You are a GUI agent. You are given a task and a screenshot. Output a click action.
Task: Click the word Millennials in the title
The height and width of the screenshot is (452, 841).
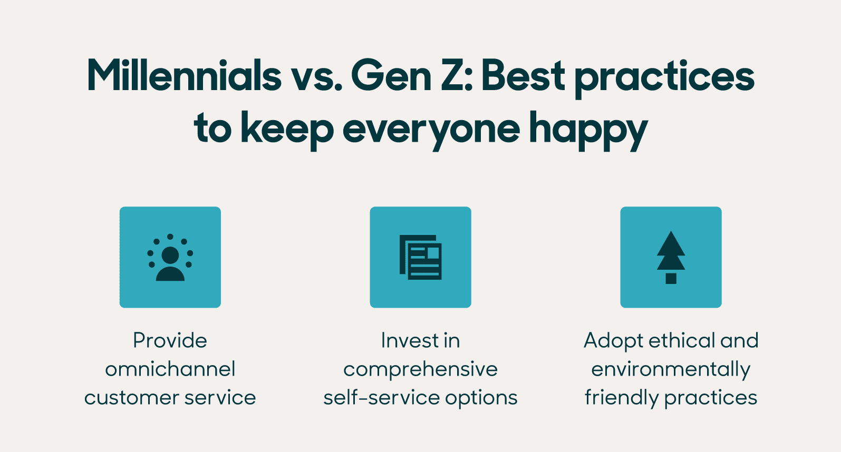[x=185, y=75]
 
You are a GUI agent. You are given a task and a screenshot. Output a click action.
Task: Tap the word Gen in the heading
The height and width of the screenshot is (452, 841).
[x=391, y=75]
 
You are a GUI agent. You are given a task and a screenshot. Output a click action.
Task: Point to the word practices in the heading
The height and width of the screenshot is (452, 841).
[x=664, y=77]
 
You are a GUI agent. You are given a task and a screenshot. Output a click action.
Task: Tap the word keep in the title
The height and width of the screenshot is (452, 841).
[x=287, y=130]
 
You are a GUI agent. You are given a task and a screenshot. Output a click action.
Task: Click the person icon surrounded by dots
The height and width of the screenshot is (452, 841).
[x=170, y=258]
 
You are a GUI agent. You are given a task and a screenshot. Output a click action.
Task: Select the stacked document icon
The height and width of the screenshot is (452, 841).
[x=420, y=257]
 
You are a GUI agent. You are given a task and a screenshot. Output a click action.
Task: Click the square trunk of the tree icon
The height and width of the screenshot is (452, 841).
[x=671, y=278]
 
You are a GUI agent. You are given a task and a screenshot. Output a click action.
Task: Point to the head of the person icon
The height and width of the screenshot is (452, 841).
[x=170, y=255]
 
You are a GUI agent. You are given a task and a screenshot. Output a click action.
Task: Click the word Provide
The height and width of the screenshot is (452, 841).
[x=170, y=340]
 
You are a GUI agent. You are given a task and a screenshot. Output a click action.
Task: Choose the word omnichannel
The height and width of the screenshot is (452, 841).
[x=170, y=369]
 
